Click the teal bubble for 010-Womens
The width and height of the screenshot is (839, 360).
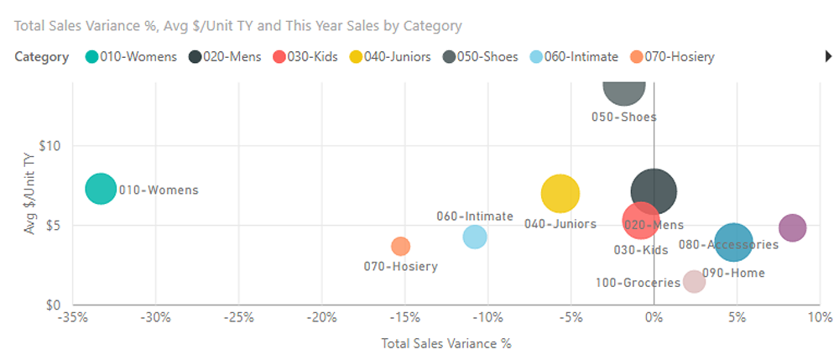[x=101, y=189]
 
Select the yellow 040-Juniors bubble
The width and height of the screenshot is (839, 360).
[x=560, y=193]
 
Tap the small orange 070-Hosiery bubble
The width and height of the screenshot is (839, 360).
[x=400, y=246]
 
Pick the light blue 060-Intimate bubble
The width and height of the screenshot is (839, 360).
[x=475, y=237]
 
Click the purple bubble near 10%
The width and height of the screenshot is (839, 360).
[x=792, y=227]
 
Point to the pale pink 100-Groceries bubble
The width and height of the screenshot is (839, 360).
[x=694, y=281]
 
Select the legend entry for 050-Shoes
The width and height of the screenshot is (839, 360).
[x=482, y=57]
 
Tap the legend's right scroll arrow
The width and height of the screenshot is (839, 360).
[x=829, y=57]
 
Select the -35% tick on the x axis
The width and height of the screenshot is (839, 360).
[x=73, y=318]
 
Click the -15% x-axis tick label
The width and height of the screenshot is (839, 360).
[x=404, y=318]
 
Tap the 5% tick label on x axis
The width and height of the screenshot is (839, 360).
[x=736, y=318]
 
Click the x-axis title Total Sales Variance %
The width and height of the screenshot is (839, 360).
[x=446, y=343]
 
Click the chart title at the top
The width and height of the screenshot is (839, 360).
[x=237, y=26]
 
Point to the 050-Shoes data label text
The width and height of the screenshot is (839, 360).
[x=624, y=117]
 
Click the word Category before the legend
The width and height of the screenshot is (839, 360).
[x=41, y=57]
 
